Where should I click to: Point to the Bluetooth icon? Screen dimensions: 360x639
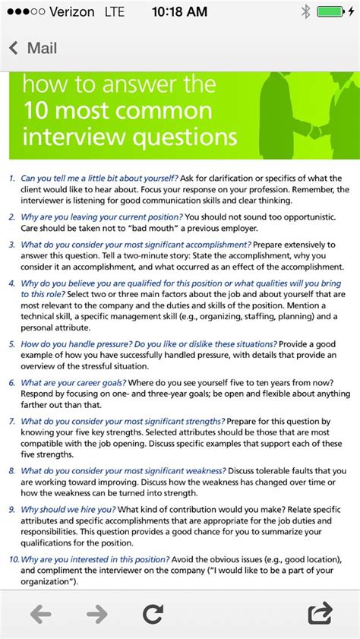[x=305, y=12]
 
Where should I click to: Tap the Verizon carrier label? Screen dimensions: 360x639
[x=71, y=12]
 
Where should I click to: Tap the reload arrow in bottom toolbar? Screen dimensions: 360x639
[x=153, y=614]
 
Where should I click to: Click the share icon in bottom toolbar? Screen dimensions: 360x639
[x=321, y=613]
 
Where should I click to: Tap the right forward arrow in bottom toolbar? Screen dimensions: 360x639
[x=96, y=614]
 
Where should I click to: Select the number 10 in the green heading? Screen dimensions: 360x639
[x=36, y=111]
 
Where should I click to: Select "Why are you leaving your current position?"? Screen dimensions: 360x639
[x=103, y=217]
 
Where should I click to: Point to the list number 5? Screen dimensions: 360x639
[x=11, y=344]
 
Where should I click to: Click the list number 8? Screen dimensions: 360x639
[x=11, y=471]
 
